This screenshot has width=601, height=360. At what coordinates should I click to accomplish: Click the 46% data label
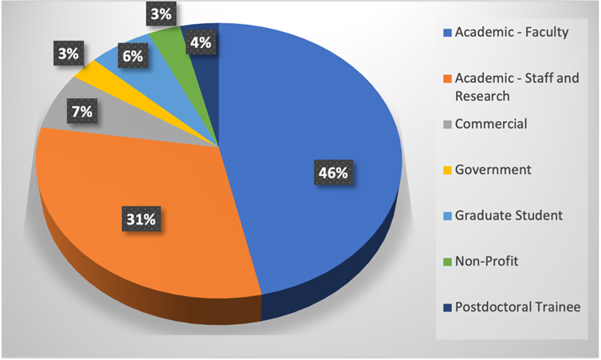point(327,171)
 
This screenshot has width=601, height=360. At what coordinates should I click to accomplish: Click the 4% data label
point(200,43)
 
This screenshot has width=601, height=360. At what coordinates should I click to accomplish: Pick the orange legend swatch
point(447,78)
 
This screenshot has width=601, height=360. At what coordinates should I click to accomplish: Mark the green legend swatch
point(447,260)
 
